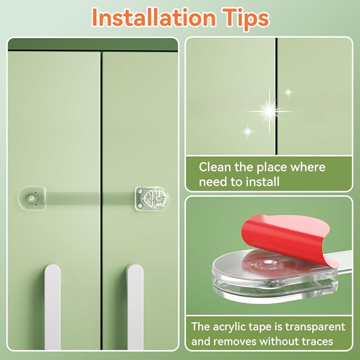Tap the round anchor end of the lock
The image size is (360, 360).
pyautogui.click(x=32, y=197)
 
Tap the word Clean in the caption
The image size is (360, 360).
pyautogui.click(x=214, y=168)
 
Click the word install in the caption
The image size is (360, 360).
pyautogui.click(x=265, y=182)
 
